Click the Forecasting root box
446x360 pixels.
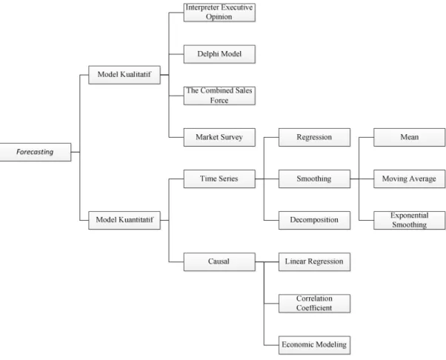coord(36,152)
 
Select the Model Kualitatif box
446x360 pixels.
coord(124,75)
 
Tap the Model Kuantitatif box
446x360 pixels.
coord(124,220)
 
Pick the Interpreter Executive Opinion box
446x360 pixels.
coord(219,13)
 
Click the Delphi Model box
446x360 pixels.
coord(219,54)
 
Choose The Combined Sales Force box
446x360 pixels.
coord(219,96)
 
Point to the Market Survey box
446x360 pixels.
coord(219,137)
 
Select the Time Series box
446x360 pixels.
coord(219,179)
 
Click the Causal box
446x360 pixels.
coord(219,261)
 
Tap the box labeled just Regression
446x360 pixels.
coord(314,137)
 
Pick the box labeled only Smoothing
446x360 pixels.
coord(314,179)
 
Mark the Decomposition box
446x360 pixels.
coord(314,220)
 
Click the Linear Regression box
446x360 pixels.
coord(314,261)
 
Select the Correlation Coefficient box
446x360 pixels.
coord(314,304)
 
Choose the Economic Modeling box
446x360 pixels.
coord(314,345)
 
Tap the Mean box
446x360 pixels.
coord(409,137)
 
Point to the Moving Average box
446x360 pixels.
coord(409,179)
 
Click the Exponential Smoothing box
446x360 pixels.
coord(409,220)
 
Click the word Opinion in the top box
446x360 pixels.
coord(219,17)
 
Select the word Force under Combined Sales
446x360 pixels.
coord(219,101)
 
